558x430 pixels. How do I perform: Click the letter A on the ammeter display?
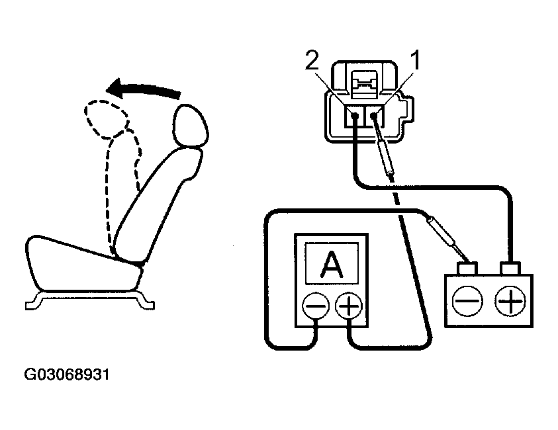(331, 265)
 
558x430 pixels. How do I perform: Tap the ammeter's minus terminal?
(314, 306)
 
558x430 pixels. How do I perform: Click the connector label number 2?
(311, 62)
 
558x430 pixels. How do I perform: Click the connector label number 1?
(416, 62)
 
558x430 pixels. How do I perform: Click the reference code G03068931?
(66, 375)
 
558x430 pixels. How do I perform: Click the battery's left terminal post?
(469, 269)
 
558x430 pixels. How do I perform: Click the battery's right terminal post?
(510, 269)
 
